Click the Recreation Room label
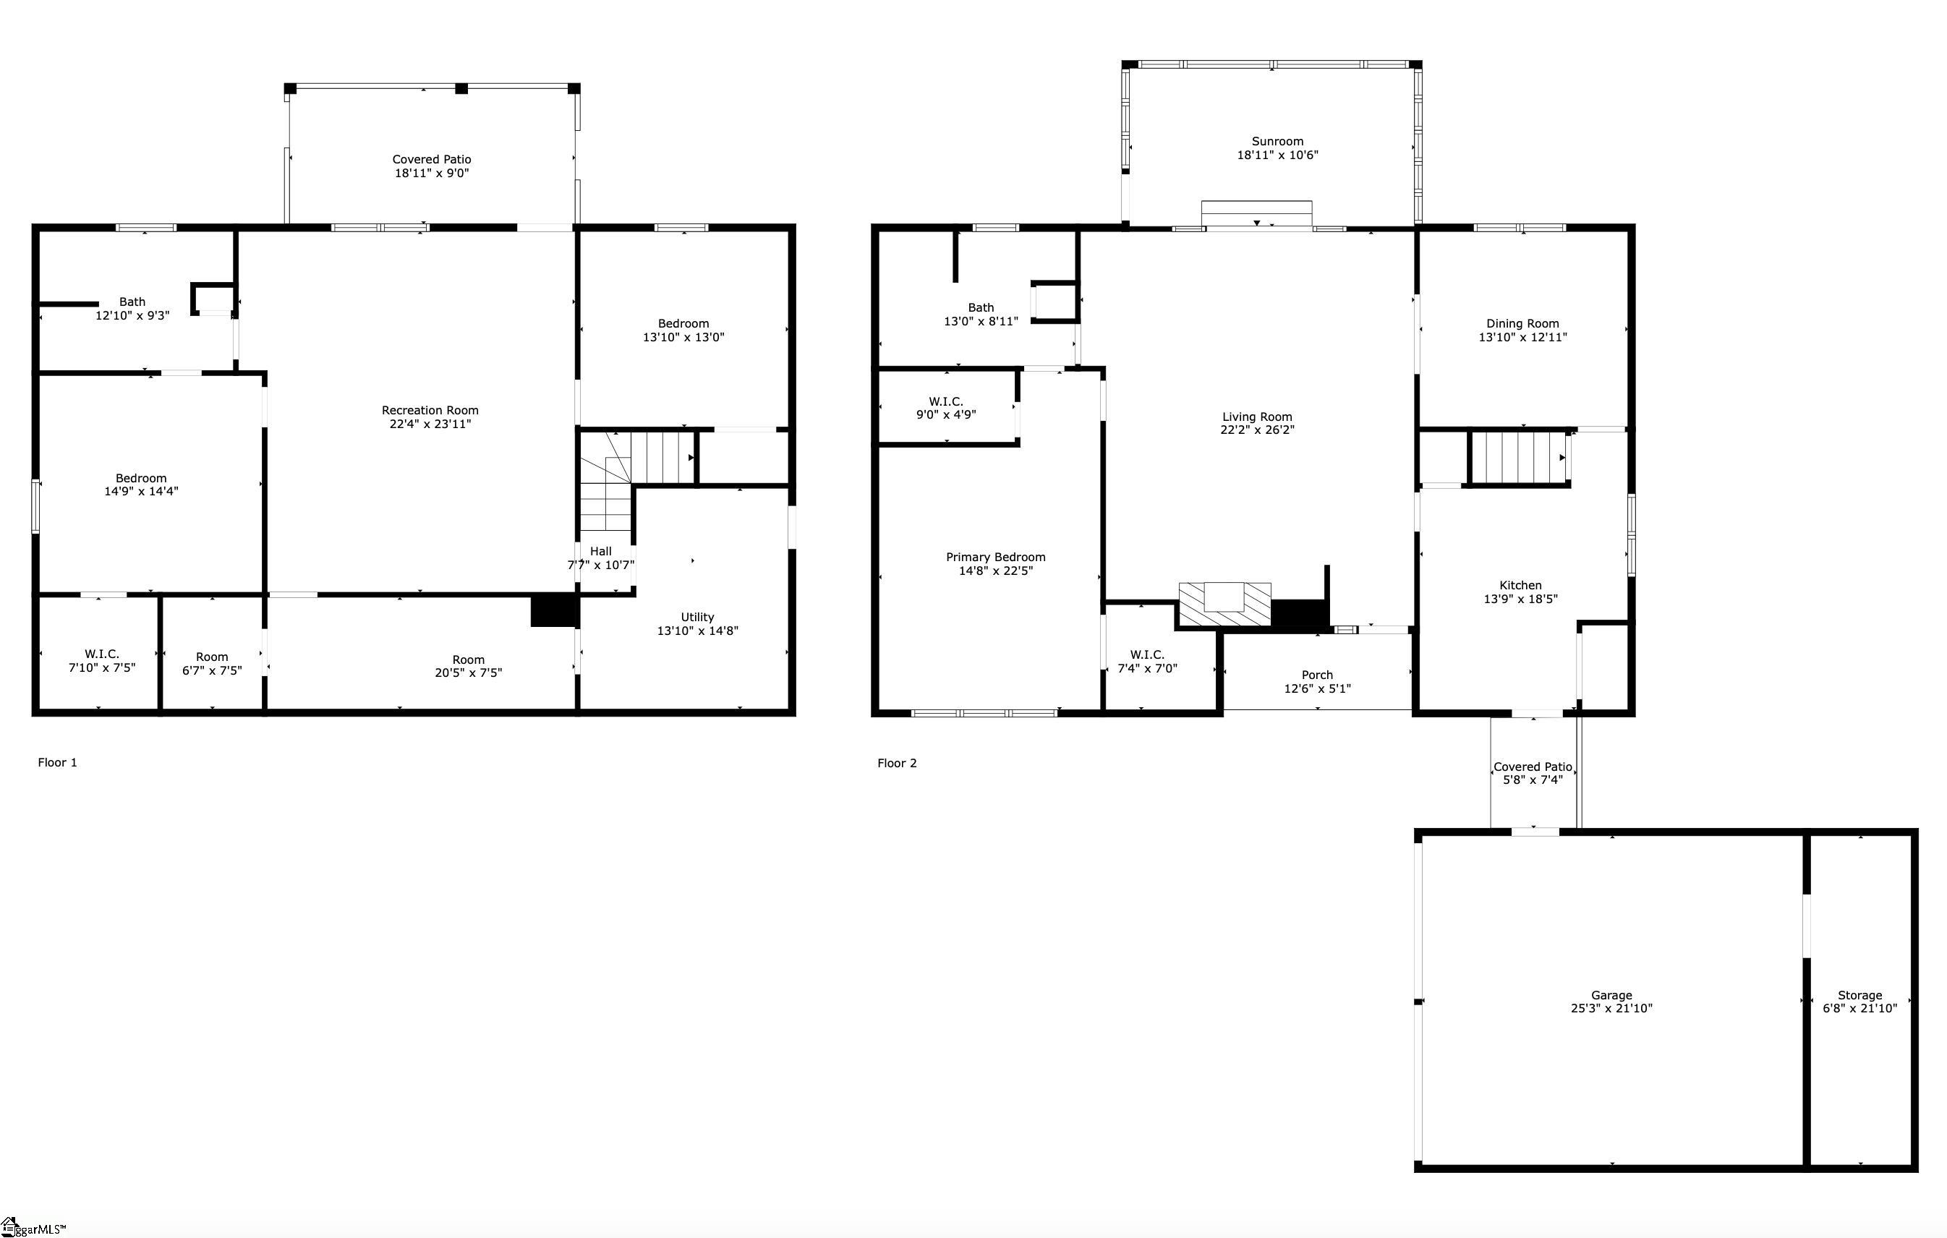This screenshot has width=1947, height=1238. click(x=430, y=411)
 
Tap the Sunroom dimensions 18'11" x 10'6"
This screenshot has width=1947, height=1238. click(x=1277, y=155)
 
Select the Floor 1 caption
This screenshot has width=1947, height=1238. click(x=57, y=762)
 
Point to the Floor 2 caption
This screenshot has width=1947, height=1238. click(x=897, y=764)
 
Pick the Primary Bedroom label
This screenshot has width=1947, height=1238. click(x=995, y=557)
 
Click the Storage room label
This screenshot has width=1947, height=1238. click(x=1859, y=996)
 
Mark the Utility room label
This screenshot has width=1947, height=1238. click(x=697, y=617)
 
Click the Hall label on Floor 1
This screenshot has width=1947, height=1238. click(x=600, y=552)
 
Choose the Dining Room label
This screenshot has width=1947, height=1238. click(x=1522, y=323)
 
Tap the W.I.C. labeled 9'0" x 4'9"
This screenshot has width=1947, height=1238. click(x=945, y=409)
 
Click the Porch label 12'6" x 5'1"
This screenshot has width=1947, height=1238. click(x=1316, y=675)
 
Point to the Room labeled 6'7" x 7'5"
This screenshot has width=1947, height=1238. click(x=212, y=664)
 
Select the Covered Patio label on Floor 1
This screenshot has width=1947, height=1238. click(x=431, y=160)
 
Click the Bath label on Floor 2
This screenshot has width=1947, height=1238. click(x=980, y=307)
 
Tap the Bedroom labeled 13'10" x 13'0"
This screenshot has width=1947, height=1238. click(x=683, y=330)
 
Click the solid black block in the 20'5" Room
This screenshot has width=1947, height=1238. click(x=553, y=610)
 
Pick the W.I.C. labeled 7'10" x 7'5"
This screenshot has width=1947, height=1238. click(x=102, y=661)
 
